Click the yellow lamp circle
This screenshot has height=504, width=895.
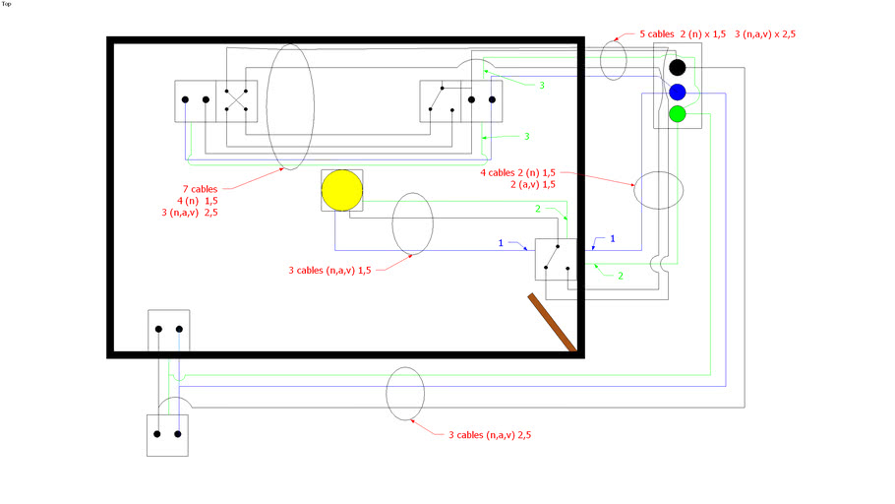coord(342,190)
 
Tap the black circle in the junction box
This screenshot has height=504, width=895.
coord(677,68)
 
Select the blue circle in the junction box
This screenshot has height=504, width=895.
coord(677,92)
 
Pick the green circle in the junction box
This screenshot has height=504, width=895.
coord(677,114)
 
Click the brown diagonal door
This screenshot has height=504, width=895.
coord(551,321)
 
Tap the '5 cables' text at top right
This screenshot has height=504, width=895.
coord(658,33)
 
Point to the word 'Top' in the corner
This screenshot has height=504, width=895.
coord(7,4)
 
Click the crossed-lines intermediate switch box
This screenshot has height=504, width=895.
coord(236,100)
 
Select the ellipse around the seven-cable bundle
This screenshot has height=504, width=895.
coord(289,106)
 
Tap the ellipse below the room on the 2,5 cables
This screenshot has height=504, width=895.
coord(405,393)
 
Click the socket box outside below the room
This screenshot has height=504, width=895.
coord(167,433)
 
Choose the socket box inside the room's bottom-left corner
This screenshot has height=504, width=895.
coord(168,330)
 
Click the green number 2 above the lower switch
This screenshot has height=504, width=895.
coord(538,209)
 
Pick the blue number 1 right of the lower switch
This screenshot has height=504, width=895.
coord(614,238)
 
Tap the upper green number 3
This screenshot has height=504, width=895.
coord(541,86)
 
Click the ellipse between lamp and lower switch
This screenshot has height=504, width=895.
coord(412,221)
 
